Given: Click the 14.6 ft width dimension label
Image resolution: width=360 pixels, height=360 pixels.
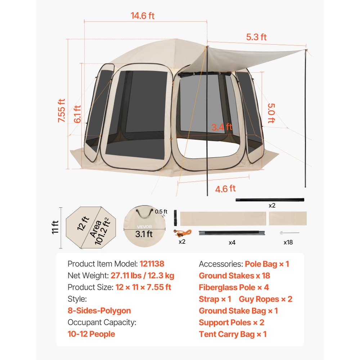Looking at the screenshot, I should pos(143,16).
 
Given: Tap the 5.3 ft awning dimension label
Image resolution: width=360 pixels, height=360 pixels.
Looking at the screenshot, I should pos(256,37).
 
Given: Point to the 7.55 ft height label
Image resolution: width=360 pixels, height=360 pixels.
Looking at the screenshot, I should pos(62,111).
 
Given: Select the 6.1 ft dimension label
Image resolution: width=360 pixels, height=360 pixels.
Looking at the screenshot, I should pos(77,114).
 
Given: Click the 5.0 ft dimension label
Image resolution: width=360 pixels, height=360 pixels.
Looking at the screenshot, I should pos(271,113).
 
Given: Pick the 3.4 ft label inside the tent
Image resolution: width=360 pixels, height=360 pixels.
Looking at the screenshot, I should pos(222,127).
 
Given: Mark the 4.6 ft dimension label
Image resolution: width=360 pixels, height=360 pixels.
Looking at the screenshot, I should pos(225,188).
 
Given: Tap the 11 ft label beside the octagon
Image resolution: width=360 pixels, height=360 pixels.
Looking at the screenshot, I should pos(55,227).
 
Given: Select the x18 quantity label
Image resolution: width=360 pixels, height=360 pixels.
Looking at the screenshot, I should pos(288,242).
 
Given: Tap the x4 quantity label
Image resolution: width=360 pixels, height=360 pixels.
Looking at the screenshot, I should pos(232,242).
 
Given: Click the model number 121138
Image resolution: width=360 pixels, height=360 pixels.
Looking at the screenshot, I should pos(152,264).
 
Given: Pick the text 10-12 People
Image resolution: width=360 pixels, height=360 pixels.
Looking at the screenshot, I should pos(91,334).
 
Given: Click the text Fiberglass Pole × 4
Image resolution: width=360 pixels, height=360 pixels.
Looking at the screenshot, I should pos(234,287).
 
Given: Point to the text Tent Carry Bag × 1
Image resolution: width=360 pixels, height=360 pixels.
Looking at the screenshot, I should pos(233,334).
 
